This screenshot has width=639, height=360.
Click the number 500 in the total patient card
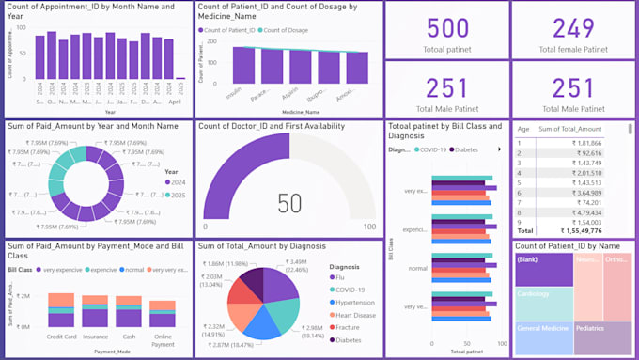coord(447,28)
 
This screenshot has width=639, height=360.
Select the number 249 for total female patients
coord(572,28)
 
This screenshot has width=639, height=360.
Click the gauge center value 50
coord(289,203)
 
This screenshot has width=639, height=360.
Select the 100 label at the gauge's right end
coord(369,227)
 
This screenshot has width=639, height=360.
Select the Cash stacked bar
coord(130,311)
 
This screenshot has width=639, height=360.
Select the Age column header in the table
coord(523,130)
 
